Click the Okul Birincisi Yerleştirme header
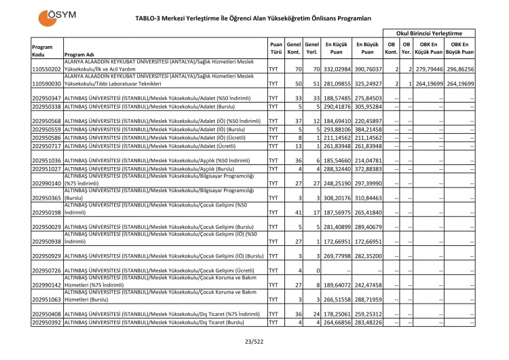pyautogui.click(x=429, y=33)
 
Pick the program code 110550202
pyautogui.click(x=46, y=69)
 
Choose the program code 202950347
pyautogui.click(x=46, y=98)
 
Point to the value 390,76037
pyautogui.click(x=367, y=69)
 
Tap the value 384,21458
pyautogui.click(x=367, y=129)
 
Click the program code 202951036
pyautogui.click(x=46, y=160)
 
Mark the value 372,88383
pyautogui.click(x=367, y=168)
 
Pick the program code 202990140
pyautogui.click(x=46, y=183)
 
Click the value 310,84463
pyautogui.click(x=367, y=198)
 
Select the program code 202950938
pyautogui.click(x=46, y=241)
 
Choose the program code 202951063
pyautogui.click(x=46, y=299)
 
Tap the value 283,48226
pyautogui.click(x=367, y=322)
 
